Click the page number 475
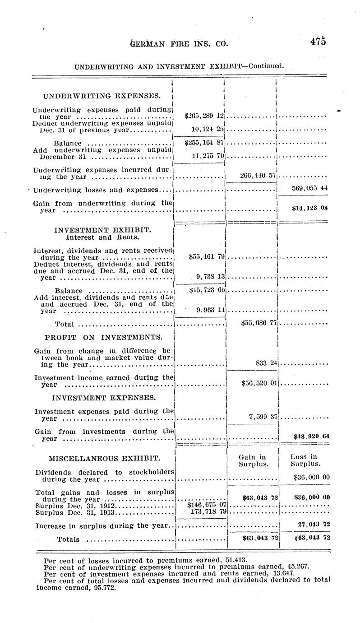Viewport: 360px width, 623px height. point(318,42)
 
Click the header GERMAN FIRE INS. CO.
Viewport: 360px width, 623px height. point(179,44)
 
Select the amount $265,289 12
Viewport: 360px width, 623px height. point(205,116)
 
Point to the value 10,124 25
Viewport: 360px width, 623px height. point(208,130)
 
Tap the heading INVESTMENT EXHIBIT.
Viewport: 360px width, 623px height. point(102,230)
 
